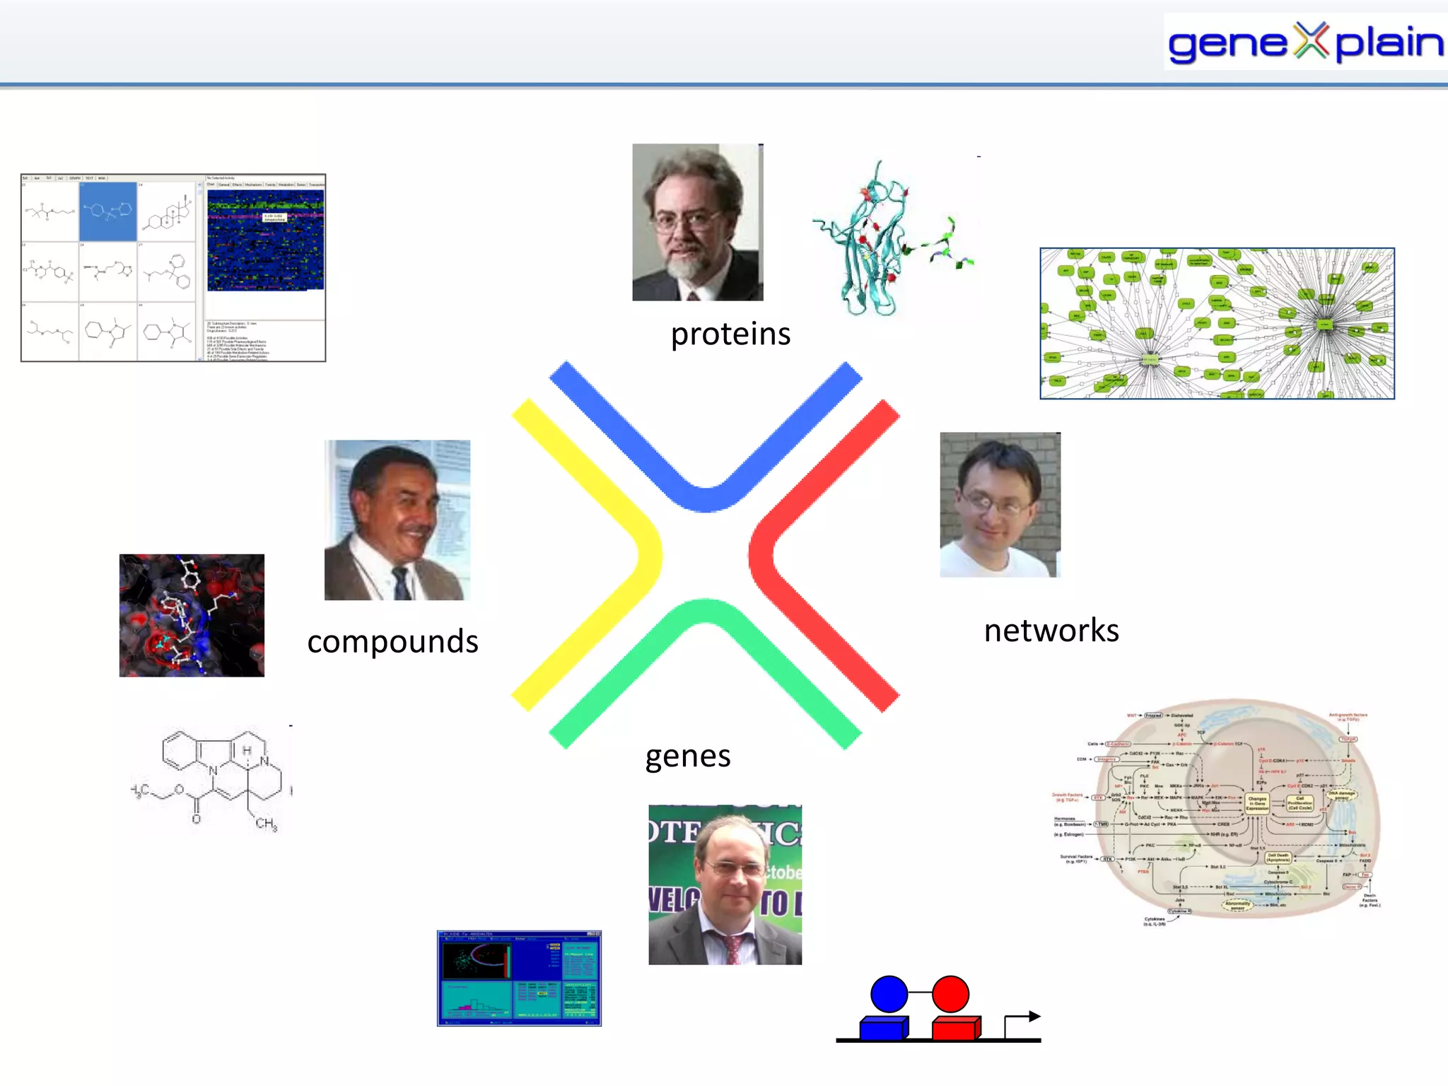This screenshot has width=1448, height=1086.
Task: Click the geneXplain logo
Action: coord(1304,42)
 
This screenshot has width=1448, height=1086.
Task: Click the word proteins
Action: coord(730,334)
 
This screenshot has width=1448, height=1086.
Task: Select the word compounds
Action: coord(392,641)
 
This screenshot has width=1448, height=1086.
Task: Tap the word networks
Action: coord(1051,630)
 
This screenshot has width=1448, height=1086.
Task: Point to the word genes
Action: coord(687,756)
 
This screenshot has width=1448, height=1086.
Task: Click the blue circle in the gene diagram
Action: coord(889,993)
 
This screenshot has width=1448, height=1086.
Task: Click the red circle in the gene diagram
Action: coord(950,993)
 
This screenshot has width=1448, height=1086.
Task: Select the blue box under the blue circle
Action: coord(883,1029)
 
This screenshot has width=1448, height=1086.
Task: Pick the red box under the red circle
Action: coord(955,1029)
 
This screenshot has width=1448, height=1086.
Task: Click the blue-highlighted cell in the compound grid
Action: coord(107,211)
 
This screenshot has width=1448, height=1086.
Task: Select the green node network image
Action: coord(1216,323)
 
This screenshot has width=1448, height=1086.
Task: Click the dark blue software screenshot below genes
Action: coord(519,978)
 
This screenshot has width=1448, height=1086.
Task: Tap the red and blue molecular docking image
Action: coord(192,615)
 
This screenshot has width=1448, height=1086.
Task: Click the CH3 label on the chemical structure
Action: coord(266,823)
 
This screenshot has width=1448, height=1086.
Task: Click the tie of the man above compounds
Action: coord(402,584)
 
